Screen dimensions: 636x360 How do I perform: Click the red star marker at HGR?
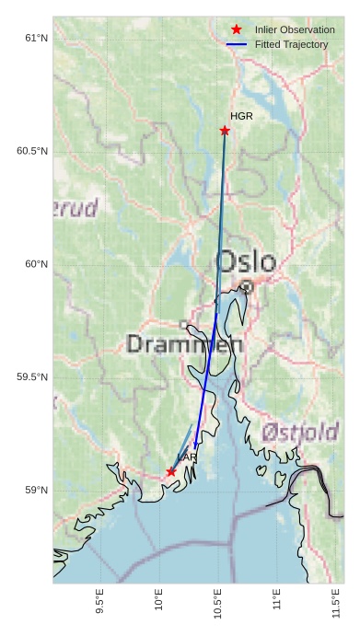(225, 131)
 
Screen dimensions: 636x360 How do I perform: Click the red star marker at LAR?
(171, 471)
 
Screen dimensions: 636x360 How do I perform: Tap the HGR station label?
(241, 117)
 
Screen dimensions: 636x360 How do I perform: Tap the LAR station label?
(187, 457)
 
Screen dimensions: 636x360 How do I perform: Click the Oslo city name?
(245, 260)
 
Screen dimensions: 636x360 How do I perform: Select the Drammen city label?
(184, 345)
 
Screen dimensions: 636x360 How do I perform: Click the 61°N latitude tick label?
(35, 38)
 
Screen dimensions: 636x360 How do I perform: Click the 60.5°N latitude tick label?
(31, 151)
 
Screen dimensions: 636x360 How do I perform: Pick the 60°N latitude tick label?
(35, 264)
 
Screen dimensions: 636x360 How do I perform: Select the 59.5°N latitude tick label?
(31, 377)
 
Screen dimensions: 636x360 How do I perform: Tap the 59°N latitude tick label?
(35, 491)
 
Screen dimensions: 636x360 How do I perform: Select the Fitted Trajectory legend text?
(291, 44)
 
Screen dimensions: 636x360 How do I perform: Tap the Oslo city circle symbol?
(247, 287)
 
